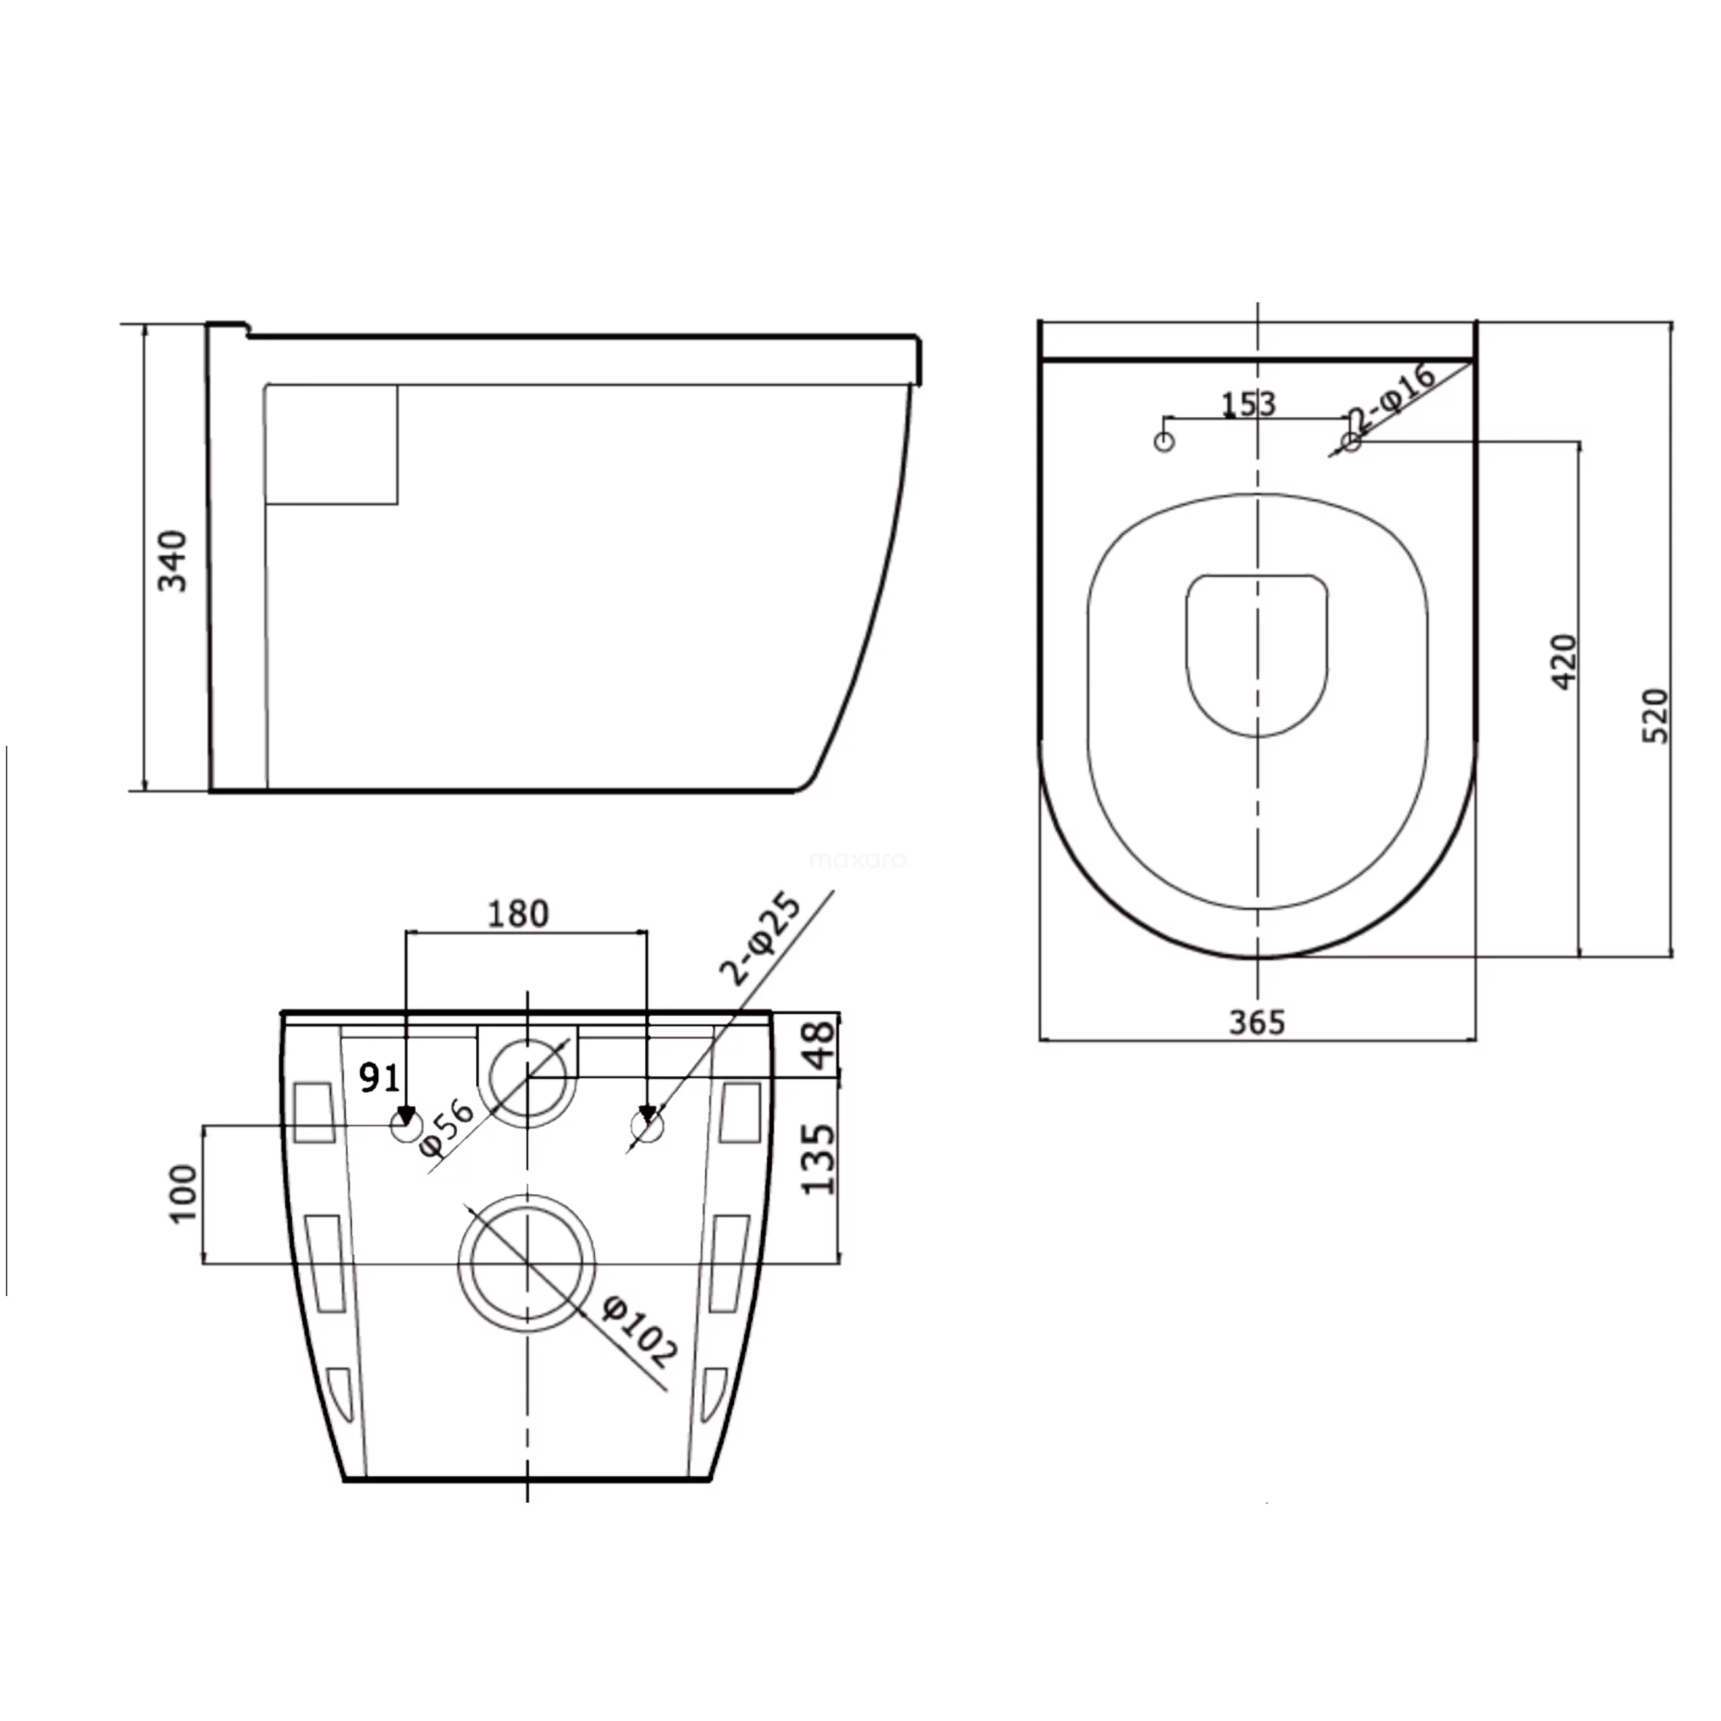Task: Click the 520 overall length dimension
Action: coord(1655,715)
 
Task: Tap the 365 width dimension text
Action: coord(1257,1023)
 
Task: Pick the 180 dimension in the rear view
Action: coord(518,913)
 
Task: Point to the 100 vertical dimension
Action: coord(183,1194)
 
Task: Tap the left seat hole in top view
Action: coord(1164,442)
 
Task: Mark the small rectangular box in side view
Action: coord(331,444)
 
